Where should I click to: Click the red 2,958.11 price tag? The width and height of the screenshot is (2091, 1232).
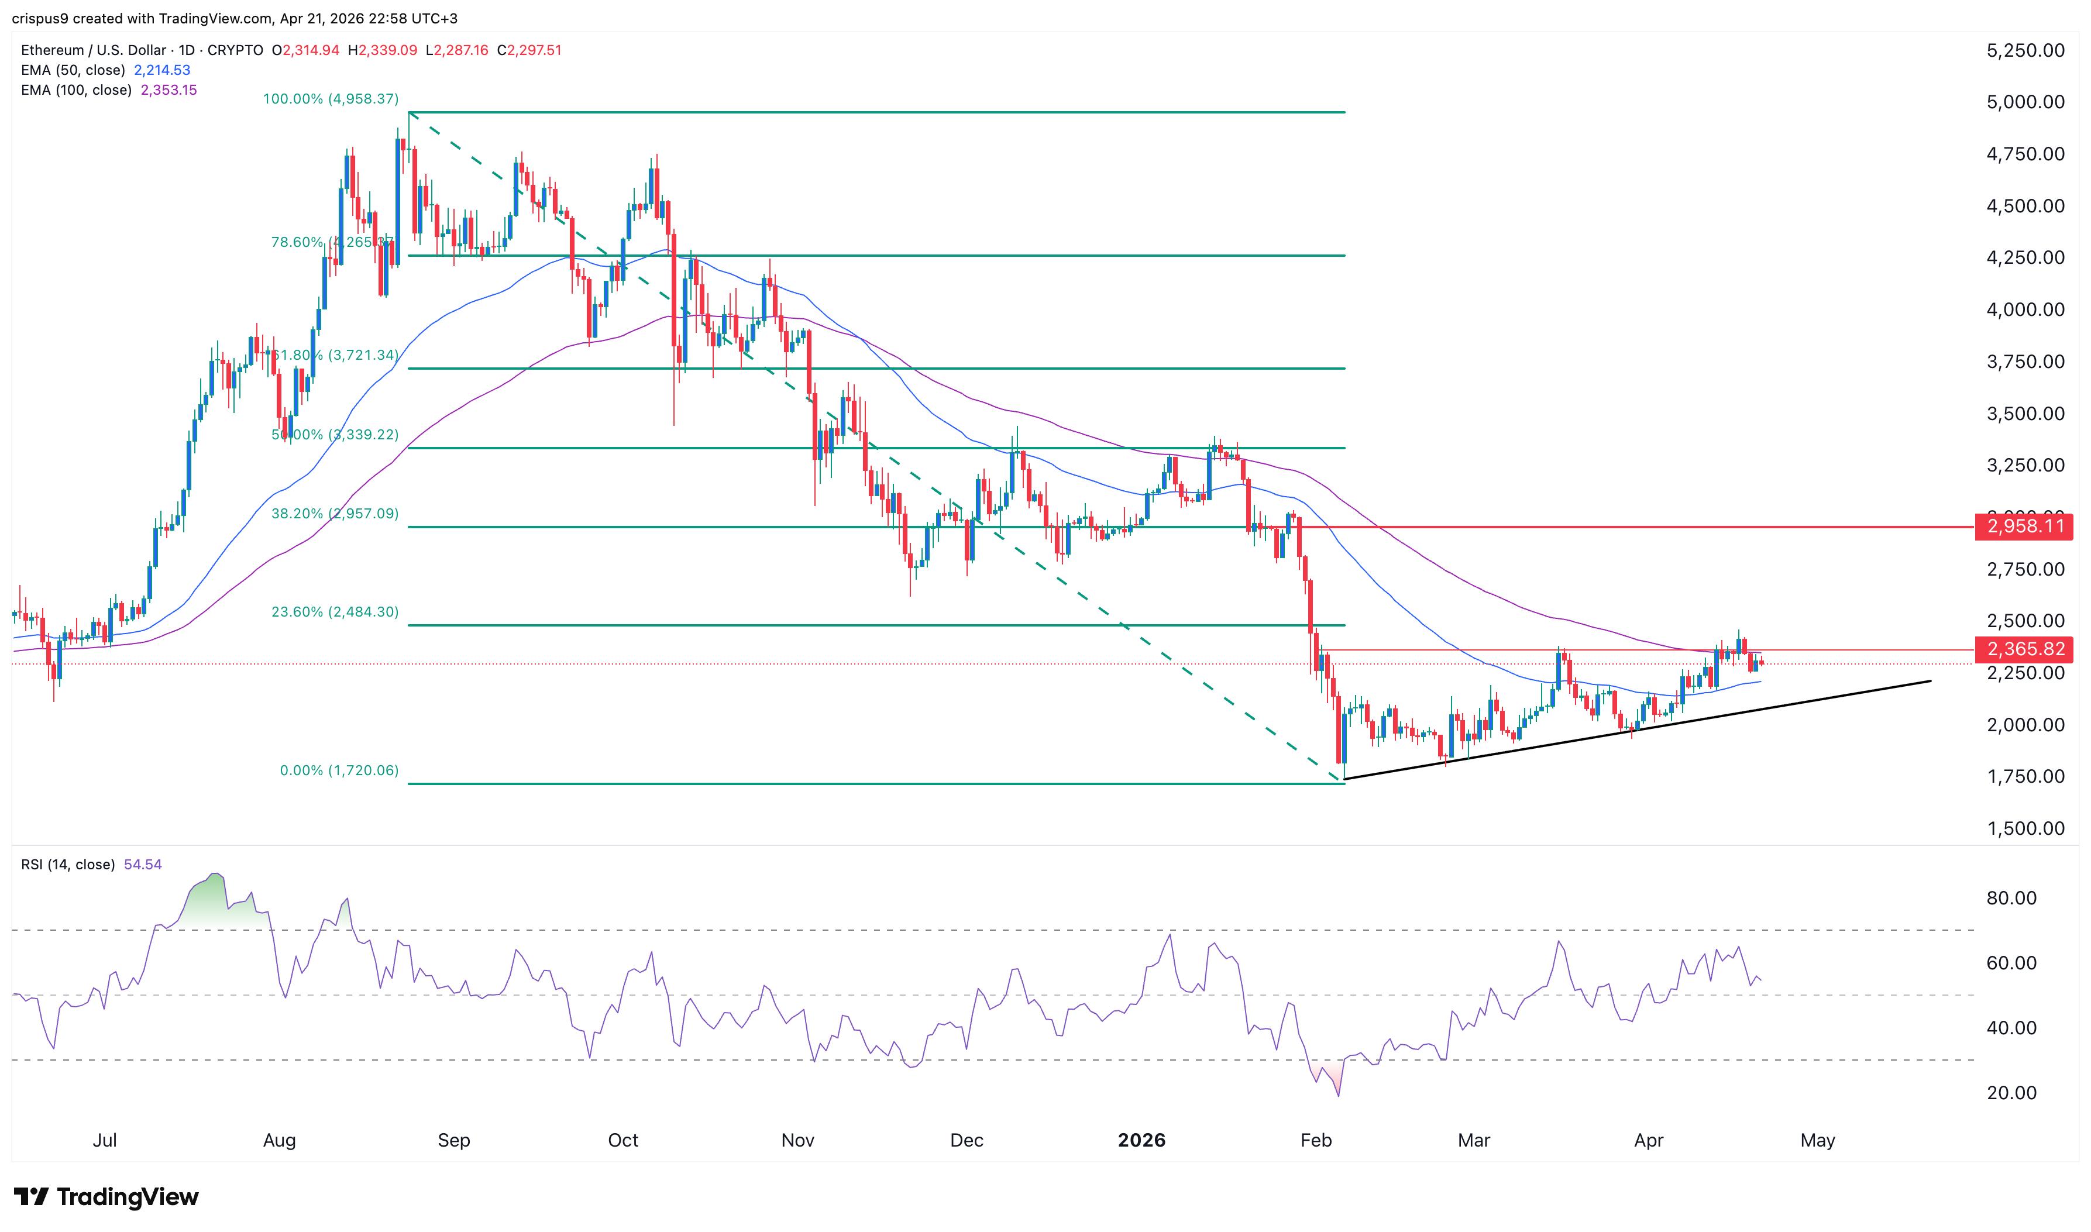pyautogui.click(x=2024, y=526)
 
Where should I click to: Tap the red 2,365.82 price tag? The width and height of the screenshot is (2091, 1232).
pyautogui.click(x=2024, y=649)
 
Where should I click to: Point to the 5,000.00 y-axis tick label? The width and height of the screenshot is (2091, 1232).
pyautogui.click(x=2024, y=102)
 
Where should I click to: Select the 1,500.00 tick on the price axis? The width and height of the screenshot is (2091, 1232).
pyautogui.click(x=2024, y=828)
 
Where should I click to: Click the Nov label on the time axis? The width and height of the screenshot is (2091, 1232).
pyautogui.click(x=797, y=1140)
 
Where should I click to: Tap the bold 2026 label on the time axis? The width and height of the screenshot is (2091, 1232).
pyautogui.click(x=1141, y=1140)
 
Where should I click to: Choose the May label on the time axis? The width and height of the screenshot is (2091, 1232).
pyautogui.click(x=1817, y=1140)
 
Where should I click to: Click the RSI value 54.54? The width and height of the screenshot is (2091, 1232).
pyautogui.click(x=143, y=864)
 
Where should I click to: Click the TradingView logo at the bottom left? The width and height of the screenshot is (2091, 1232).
pyautogui.click(x=106, y=1196)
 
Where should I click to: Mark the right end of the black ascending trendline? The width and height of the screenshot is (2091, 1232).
pyautogui.click(x=1930, y=682)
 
